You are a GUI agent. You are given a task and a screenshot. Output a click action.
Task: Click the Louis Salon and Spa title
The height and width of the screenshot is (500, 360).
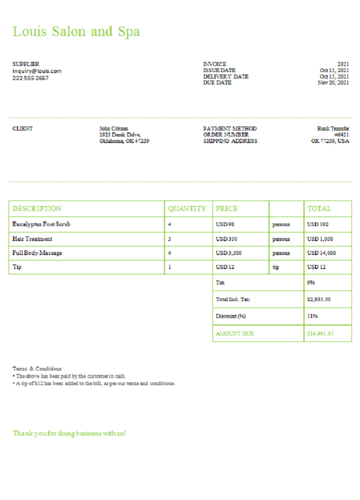tap(76, 31)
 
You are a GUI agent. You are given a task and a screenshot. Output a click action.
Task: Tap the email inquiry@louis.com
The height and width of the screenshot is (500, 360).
tap(36, 71)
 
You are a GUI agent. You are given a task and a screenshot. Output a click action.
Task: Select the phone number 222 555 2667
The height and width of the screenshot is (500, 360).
tap(30, 78)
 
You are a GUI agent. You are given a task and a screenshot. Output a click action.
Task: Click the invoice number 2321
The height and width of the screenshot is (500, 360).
tap(343, 64)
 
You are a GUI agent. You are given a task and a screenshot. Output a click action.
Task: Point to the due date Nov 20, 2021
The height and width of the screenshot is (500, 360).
tap(333, 83)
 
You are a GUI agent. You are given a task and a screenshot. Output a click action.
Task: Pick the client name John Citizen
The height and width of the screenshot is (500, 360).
tap(113, 128)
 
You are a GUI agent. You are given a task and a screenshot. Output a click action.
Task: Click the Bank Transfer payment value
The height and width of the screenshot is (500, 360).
tap(333, 128)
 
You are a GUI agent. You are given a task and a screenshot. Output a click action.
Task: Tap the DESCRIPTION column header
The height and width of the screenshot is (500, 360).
tap(37, 208)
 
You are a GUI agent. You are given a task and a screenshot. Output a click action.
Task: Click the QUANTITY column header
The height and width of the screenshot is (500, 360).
tap(187, 208)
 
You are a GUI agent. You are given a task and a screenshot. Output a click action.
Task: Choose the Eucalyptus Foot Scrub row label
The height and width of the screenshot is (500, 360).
tap(41, 224)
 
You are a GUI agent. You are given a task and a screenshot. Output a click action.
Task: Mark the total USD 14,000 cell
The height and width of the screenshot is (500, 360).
tap(321, 253)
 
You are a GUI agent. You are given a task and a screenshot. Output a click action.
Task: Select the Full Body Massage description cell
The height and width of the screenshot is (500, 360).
tap(37, 253)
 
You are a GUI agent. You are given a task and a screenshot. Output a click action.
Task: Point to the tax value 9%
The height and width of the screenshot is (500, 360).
tap(311, 282)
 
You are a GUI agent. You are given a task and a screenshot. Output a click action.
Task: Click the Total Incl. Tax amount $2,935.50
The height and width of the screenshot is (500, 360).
tap(318, 299)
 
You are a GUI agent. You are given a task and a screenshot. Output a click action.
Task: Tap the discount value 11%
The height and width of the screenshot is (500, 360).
tap(312, 316)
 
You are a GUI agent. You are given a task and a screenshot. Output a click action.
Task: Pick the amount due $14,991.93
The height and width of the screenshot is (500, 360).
tap(320, 333)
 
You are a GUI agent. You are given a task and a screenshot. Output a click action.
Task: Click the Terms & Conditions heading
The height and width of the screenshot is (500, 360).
tap(37, 368)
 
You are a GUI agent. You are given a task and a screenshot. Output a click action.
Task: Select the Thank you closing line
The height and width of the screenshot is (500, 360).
tap(69, 433)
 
